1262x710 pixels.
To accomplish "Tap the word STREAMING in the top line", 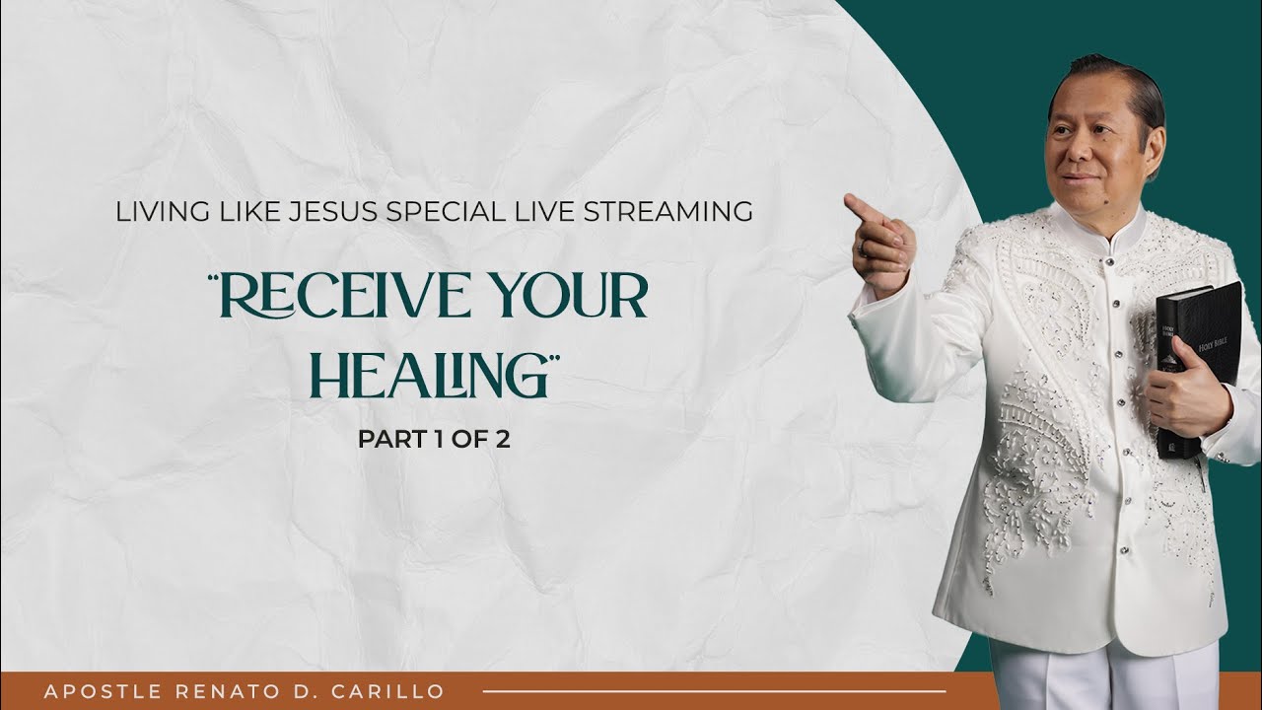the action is point(667,212).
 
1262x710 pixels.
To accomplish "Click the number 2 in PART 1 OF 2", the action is point(503,440).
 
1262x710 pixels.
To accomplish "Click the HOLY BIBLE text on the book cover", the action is point(1212,344).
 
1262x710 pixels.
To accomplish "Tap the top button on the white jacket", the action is point(1109,262).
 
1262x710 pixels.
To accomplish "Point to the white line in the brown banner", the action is point(715,691).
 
